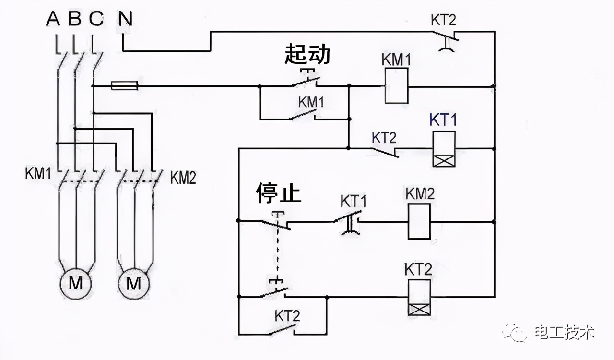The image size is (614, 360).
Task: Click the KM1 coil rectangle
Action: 396,85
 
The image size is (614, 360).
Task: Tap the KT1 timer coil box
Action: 443,148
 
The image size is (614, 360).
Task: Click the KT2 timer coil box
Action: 418,297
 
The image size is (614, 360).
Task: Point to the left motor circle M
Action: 75,284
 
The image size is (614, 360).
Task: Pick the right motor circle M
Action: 134,284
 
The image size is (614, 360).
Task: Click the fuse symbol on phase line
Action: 125,86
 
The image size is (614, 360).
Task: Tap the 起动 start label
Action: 307,54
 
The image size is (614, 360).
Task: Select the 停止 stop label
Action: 278,192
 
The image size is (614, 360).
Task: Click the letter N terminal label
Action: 125,19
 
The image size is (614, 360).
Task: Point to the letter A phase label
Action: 53,19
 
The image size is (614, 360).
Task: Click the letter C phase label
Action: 96,19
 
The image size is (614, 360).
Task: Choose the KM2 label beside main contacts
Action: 183,178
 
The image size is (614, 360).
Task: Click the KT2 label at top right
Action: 444,20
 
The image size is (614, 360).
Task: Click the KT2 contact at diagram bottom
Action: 283,330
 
